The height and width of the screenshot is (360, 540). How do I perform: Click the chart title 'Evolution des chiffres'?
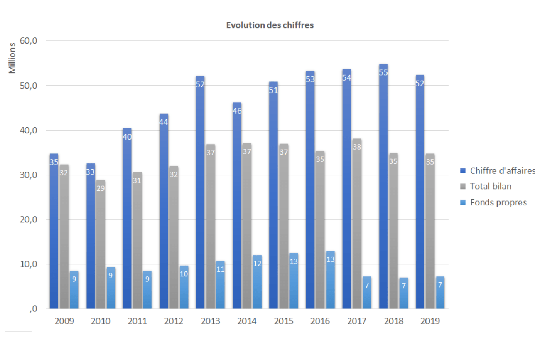(x=270, y=25)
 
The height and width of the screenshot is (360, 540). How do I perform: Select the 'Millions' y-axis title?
(x=12, y=58)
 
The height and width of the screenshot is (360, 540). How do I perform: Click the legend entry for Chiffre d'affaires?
(x=498, y=171)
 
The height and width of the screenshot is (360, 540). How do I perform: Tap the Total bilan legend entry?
(x=486, y=187)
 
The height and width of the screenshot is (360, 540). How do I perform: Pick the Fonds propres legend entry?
(x=494, y=202)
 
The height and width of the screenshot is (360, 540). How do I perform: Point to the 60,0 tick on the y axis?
(x=29, y=41)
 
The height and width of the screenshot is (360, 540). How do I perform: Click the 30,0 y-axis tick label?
(x=29, y=175)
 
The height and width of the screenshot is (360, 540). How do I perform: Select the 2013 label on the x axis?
(x=210, y=321)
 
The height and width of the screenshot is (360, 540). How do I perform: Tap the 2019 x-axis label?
(x=430, y=321)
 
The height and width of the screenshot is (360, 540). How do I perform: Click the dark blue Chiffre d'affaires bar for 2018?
(x=383, y=193)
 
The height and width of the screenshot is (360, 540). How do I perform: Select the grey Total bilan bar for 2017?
(x=357, y=231)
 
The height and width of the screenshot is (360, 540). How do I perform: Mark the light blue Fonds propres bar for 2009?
(x=74, y=293)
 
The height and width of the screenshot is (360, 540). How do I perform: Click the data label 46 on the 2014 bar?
(x=237, y=111)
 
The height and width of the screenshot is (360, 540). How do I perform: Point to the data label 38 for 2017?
(x=357, y=147)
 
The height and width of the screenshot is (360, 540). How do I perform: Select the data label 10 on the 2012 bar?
(x=184, y=274)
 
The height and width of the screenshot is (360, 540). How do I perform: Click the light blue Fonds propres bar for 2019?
(x=440, y=297)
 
